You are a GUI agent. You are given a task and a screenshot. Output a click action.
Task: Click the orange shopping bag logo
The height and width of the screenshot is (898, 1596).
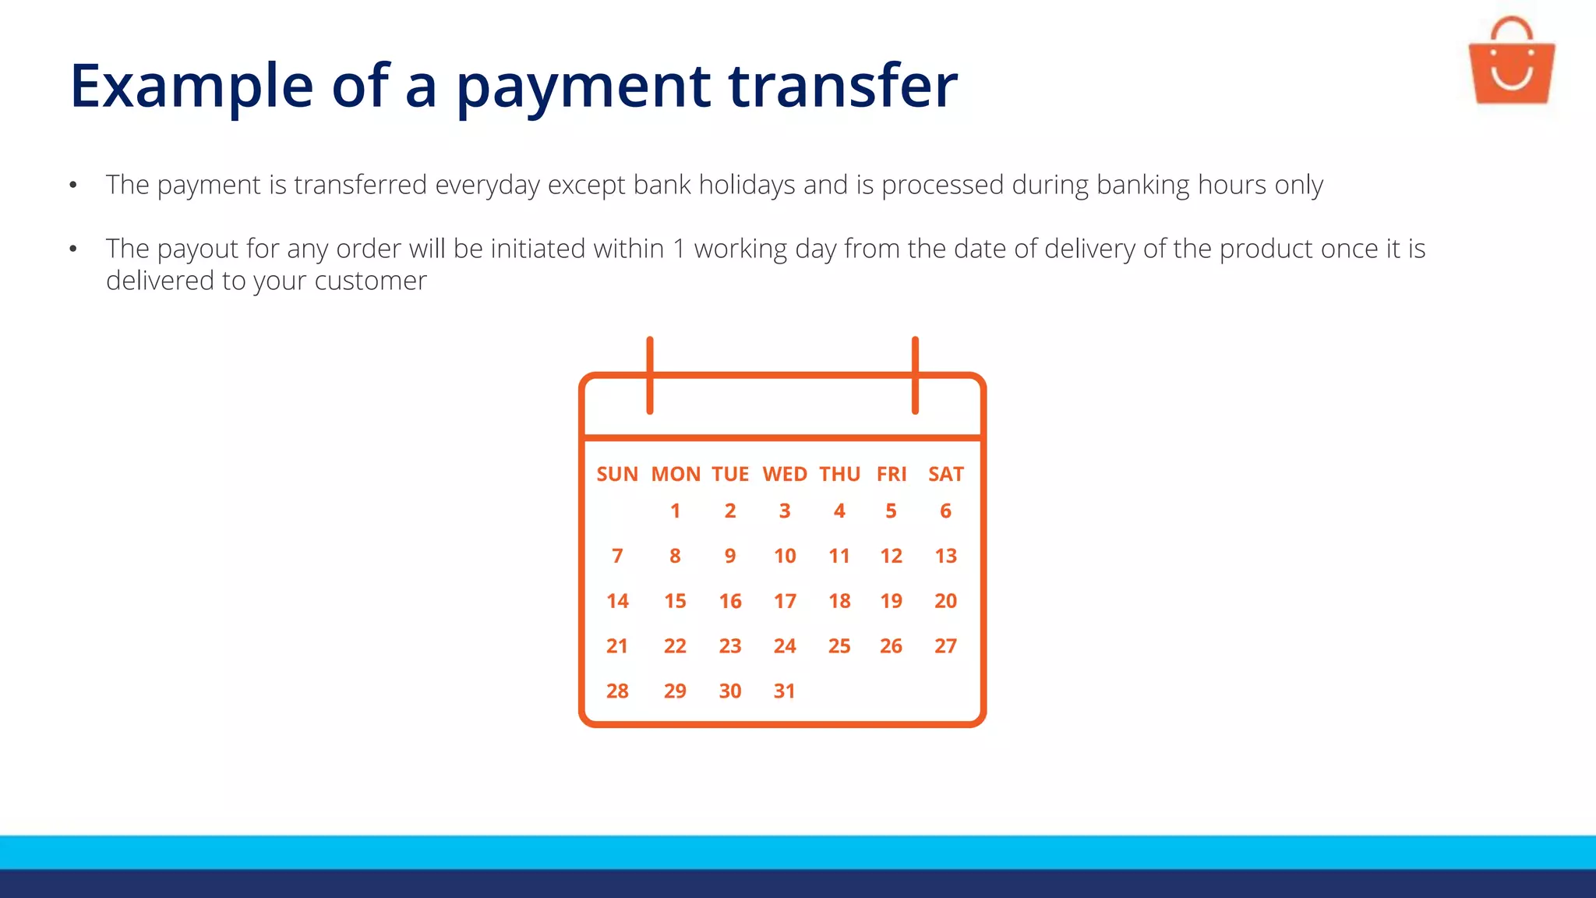pyautogui.click(x=1511, y=64)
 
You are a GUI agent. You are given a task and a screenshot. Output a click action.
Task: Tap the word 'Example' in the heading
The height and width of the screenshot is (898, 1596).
pyautogui.click(x=192, y=85)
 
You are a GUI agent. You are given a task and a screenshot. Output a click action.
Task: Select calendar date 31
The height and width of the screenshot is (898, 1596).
pyautogui.click(x=784, y=691)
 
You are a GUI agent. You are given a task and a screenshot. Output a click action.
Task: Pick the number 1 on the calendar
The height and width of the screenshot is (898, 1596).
pyautogui.click(x=675, y=511)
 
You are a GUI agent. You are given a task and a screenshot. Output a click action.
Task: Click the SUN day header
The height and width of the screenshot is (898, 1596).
pyautogui.click(x=617, y=474)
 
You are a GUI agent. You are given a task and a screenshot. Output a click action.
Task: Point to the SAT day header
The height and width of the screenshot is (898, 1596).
pyautogui.click(x=945, y=474)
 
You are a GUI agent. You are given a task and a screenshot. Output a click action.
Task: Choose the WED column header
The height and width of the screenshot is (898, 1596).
pyautogui.click(x=784, y=474)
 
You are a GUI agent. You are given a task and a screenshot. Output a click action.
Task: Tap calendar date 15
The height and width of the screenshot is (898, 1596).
pyautogui.click(x=675, y=601)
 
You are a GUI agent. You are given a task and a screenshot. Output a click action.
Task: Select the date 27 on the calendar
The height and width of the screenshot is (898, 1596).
pyautogui.click(x=945, y=646)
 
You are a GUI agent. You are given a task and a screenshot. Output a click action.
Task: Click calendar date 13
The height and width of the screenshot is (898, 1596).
pyautogui.click(x=945, y=556)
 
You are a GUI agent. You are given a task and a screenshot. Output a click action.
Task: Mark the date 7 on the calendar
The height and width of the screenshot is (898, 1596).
pyautogui.click(x=617, y=556)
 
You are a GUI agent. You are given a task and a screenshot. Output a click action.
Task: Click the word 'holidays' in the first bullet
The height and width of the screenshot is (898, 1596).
pyautogui.click(x=747, y=186)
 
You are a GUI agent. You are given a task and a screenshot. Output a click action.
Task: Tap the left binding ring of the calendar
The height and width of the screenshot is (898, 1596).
pyautogui.click(x=650, y=375)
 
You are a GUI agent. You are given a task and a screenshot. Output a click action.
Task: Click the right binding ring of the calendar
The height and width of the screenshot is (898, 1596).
pyautogui.click(x=915, y=375)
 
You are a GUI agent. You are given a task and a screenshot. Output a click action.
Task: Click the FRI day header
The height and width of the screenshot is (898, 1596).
pyautogui.click(x=892, y=474)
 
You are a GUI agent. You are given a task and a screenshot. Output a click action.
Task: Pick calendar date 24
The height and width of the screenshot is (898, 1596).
pyautogui.click(x=784, y=646)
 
